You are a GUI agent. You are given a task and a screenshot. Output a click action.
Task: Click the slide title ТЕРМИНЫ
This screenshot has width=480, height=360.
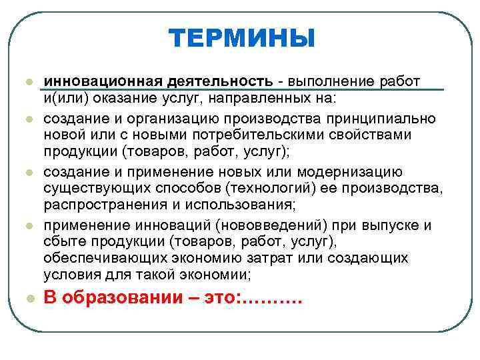241,38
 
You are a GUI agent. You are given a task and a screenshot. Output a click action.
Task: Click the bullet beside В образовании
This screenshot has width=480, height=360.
29,299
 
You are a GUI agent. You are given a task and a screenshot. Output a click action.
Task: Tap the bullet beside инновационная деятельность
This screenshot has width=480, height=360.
29,82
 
